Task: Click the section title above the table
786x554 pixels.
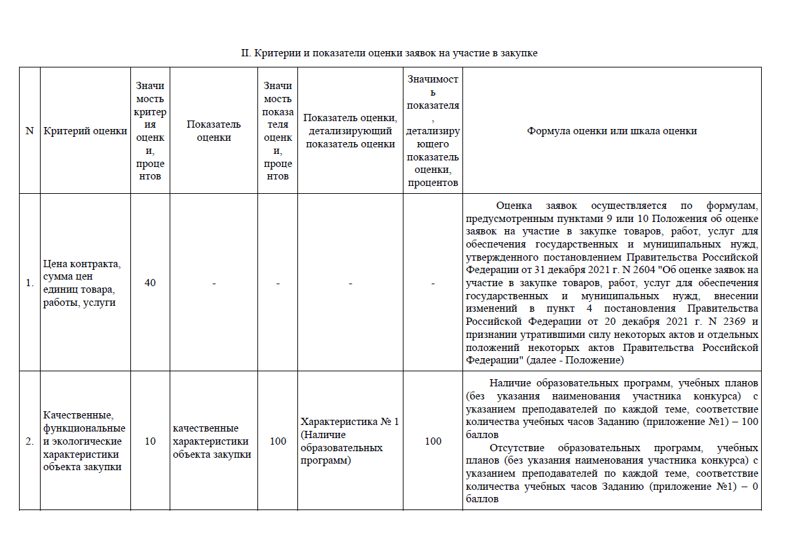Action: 389,53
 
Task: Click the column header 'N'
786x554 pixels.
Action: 29,131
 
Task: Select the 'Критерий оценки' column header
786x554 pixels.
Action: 85,131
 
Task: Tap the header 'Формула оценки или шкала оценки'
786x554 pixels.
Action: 612,131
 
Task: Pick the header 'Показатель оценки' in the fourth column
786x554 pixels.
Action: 214,131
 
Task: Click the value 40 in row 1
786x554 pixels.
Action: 150,283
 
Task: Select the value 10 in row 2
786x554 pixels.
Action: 150,441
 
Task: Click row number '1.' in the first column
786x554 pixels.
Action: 29,283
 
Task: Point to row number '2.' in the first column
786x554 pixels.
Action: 29,441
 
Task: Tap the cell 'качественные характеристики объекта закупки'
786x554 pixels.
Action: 212,441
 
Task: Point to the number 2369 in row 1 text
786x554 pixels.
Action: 730,322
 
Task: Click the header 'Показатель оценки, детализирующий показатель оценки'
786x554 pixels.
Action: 350,131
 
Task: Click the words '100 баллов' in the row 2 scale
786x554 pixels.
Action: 746,422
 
